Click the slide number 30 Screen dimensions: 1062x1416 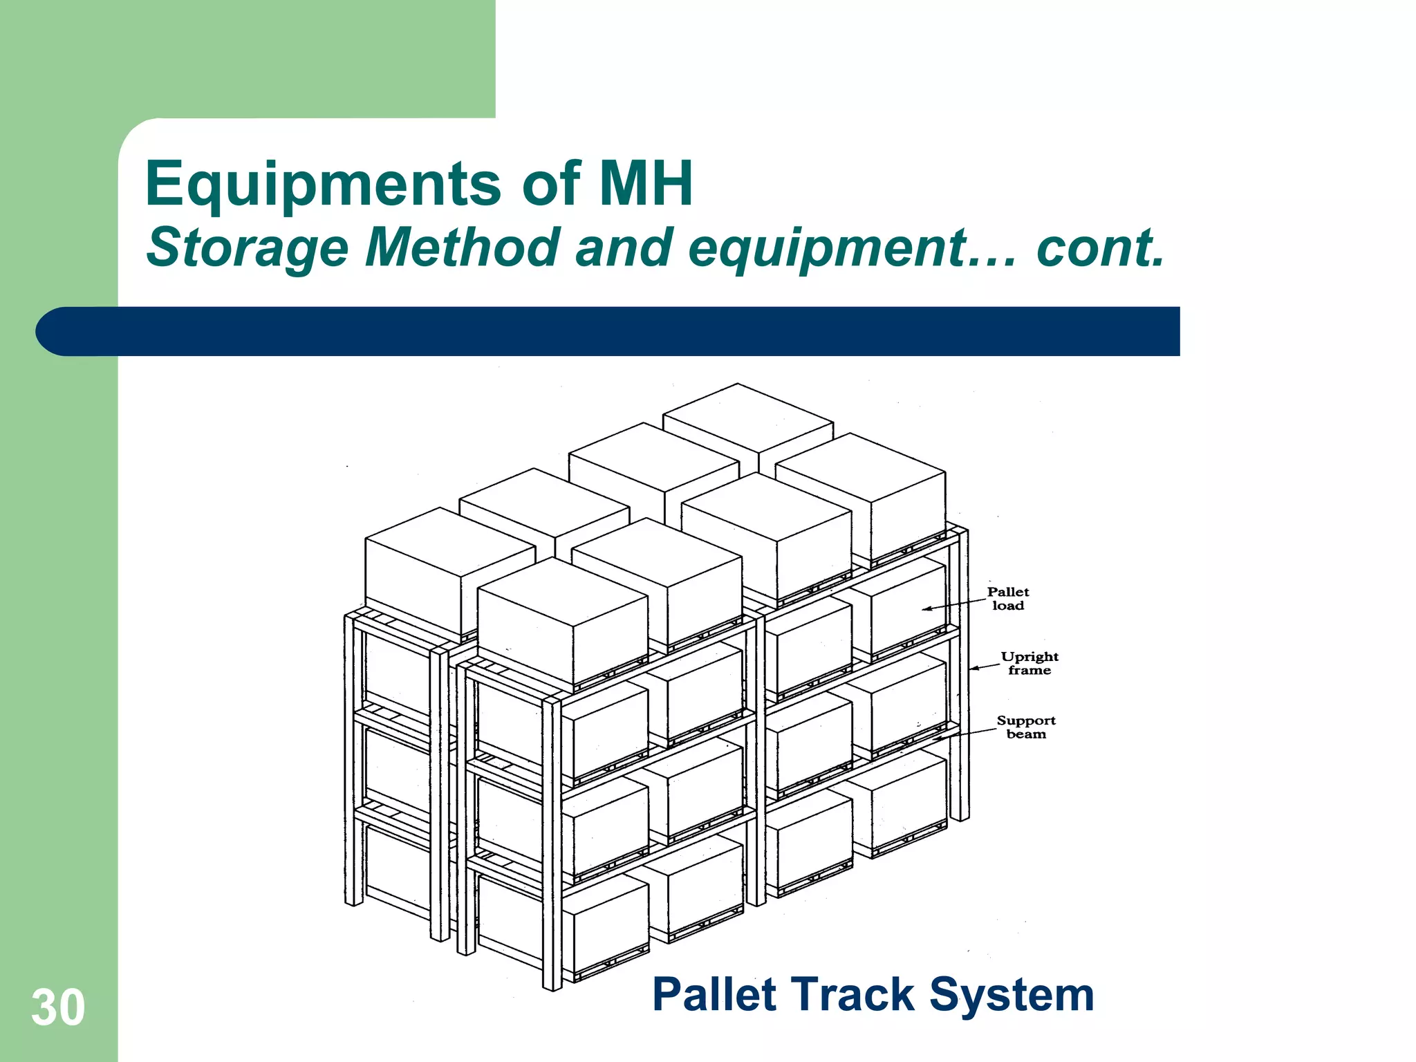tap(58, 1008)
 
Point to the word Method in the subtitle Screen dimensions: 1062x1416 tap(462, 248)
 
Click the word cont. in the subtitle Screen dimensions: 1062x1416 tap(1100, 248)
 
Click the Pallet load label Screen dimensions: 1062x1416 tap(1007, 599)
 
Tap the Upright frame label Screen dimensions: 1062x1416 tap(1029, 663)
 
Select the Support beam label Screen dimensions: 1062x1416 tap(1026, 727)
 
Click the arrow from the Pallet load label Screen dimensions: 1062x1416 tap(954, 605)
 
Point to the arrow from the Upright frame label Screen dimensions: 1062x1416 tap(985, 667)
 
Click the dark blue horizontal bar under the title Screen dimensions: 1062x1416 tap(622, 331)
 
